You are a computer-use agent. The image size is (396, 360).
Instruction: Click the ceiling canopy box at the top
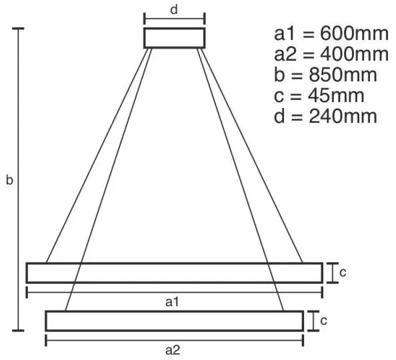(175, 37)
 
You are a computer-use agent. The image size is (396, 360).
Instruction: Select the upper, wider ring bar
(174, 273)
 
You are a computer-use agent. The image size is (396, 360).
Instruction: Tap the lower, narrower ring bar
(174, 321)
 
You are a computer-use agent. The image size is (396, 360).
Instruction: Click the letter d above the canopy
(174, 10)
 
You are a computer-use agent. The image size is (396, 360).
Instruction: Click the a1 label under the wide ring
(173, 302)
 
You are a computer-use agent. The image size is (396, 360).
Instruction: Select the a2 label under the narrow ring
(173, 351)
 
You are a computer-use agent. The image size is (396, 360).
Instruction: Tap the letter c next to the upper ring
(343, 273)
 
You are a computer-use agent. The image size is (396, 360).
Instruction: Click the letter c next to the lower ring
(324, 321)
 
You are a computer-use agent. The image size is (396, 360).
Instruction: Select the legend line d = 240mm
(325, 116)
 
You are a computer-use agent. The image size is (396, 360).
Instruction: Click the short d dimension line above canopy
(175, 20)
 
